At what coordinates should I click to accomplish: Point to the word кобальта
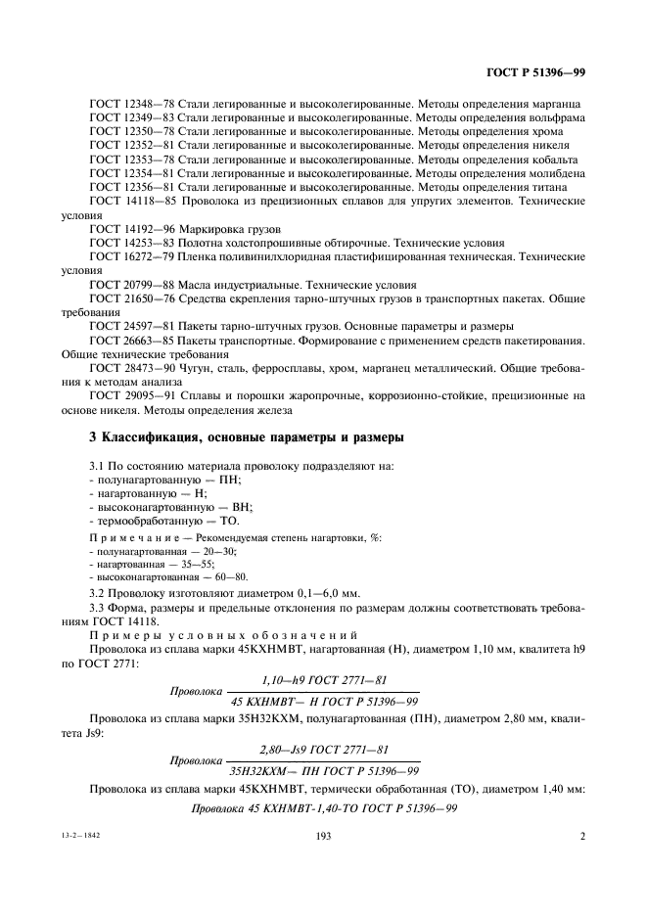pos(553,159)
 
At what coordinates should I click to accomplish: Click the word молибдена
pos(553,172)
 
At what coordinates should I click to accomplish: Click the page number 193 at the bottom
pos(324,837)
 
